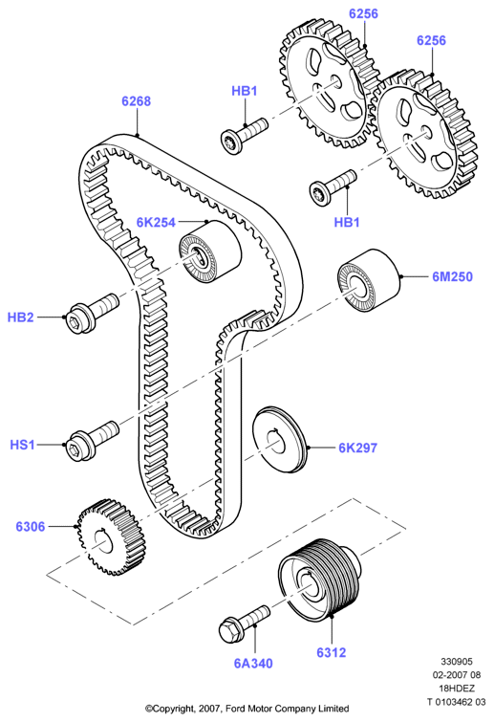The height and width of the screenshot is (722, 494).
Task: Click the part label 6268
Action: [x=136, y=100]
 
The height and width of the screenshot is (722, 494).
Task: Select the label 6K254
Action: [x=156, y=223]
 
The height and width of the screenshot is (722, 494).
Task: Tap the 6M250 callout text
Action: [x=452, y=276]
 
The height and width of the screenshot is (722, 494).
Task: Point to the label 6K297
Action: [x=358, y=448]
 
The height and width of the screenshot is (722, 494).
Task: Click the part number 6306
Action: [x=31, y=526]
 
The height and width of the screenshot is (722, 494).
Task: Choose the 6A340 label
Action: [x=253, y=663]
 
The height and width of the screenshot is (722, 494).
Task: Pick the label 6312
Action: [x=332, y=652]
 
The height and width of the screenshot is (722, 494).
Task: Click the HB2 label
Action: [x=21, y=317]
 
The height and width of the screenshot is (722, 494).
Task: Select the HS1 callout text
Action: [x=22, y=445]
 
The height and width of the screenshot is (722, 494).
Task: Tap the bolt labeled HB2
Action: [x=92, y=313]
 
